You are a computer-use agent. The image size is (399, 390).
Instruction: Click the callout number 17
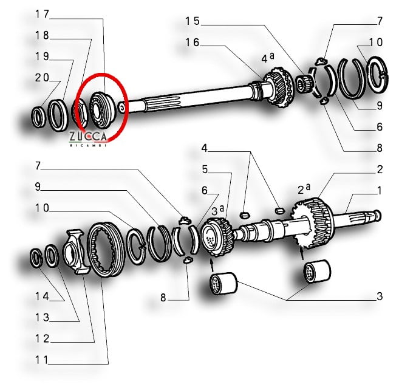click(43, 14)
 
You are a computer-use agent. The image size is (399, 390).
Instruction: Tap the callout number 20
click(43, 78)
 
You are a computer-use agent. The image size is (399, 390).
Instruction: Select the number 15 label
click(193, 21)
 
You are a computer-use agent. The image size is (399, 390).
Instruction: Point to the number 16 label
click(193, 43)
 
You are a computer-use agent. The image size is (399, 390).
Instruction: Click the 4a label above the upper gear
click(268, 58)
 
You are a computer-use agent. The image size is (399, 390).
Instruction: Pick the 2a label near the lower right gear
click(304, 189)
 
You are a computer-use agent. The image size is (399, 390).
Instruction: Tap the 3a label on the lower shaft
click(218, 210)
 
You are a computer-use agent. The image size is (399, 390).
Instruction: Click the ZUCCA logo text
click(88, 137)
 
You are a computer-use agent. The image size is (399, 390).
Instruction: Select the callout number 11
click(42, 360)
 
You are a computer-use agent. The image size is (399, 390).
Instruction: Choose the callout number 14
click(43, 296)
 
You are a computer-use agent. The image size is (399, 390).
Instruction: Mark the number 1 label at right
click(379, 190)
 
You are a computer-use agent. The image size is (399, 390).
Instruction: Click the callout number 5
click(205, 169)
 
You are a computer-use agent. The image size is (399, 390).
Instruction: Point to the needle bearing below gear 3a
click(223, 283)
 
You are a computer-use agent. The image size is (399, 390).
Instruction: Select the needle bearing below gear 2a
click(318, 272)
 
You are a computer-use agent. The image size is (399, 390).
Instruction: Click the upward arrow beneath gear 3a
click(212, 265)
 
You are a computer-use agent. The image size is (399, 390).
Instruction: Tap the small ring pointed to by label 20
click(39, 117)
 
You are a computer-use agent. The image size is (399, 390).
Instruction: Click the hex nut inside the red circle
click(81, 116)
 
